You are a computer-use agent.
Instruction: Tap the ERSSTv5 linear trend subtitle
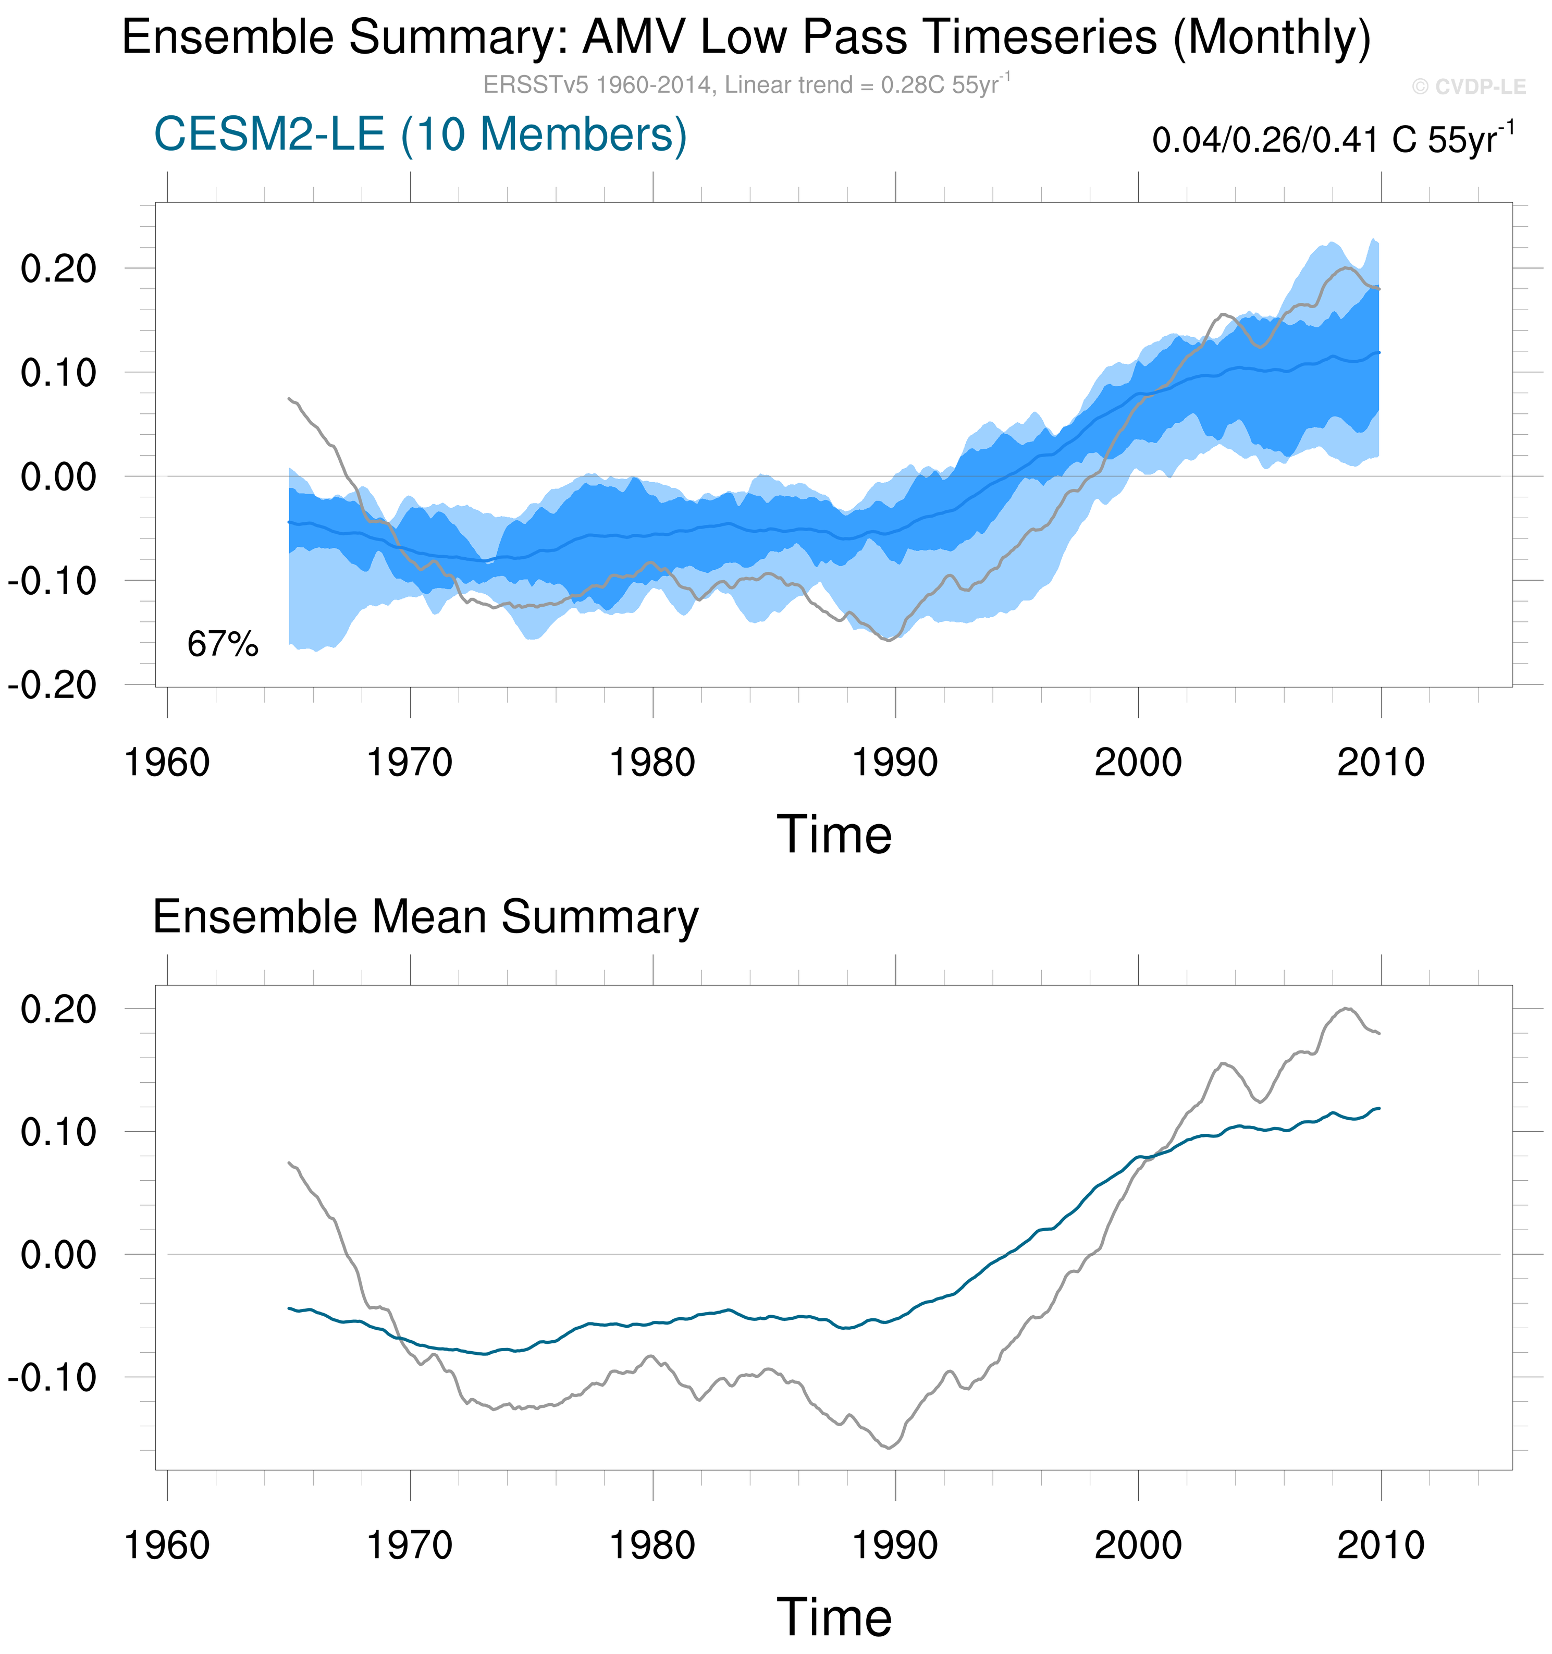pos(746,85)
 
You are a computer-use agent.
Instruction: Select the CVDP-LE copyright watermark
pos(1469,87)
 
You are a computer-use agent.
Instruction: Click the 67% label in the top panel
pos(223,644)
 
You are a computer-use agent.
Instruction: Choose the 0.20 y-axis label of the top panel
pos(58,269)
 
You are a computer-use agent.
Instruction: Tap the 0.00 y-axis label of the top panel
pos(58,477)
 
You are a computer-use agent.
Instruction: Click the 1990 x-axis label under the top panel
pos(895,762)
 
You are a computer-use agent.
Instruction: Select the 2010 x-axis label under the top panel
pos(1381,762)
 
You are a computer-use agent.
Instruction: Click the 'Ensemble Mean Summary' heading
pos(425,917)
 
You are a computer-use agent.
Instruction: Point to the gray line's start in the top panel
pos(289,399)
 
